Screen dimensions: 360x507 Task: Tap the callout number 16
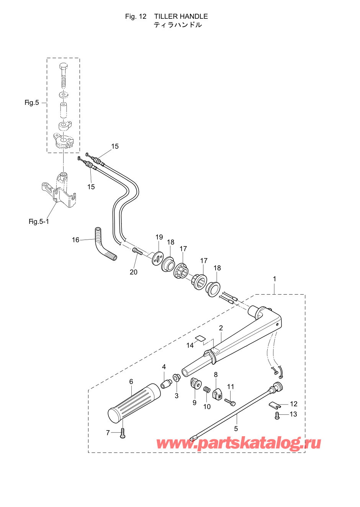(75, 240)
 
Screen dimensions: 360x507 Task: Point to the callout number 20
(133, 272)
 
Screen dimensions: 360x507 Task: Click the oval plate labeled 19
(158, 258)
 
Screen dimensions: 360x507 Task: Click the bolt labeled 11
(230, 402)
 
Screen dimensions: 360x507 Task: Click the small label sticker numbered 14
(200, 338)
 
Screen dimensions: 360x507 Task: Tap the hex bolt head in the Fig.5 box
(64, 67)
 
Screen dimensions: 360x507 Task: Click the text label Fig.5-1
(39, 222)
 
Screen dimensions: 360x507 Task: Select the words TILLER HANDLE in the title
(181, 16)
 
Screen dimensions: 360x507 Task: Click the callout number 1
(275, 279)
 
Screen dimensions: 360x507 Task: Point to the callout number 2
(221, 328)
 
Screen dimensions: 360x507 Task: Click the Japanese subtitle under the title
(178, 24)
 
